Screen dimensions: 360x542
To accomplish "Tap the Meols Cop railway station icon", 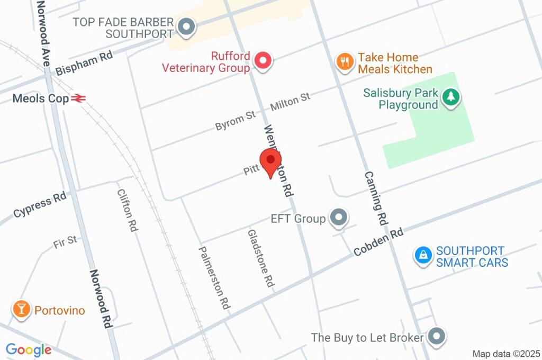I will point(78,98).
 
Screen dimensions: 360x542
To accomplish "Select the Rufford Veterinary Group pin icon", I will point(262,61).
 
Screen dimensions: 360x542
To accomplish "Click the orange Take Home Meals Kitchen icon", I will point(345,61).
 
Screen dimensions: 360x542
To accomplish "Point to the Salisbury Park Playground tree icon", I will point(450,98).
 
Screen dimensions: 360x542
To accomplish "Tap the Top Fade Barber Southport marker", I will point(186,27).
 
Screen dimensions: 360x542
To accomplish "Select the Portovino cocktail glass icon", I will point(22,310).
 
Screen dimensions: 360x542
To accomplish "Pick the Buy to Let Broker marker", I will point(436,336).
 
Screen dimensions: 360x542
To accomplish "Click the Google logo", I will point(29,350).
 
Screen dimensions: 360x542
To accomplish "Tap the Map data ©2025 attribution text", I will point(505,353).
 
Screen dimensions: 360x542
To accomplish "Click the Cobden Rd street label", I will point(378,242).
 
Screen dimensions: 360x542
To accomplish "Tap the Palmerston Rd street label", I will point(214,278).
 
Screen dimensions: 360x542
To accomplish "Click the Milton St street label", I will point(290,101).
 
